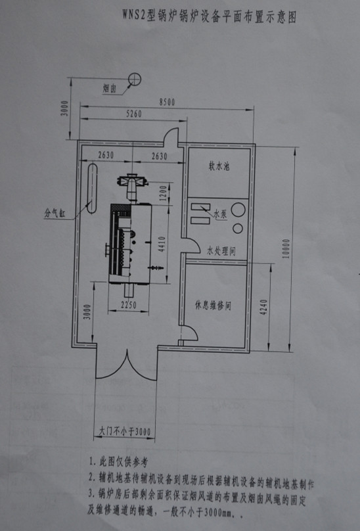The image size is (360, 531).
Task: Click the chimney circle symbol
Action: (x=135, y=80)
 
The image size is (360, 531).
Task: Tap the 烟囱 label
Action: (x=110, y=89)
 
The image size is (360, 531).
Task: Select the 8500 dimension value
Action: (x=167, y=102)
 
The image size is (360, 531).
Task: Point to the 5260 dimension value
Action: (x=134, y=114)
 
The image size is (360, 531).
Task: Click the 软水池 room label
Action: (x=219, y=166)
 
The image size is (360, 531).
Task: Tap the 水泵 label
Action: (x=220, y=214)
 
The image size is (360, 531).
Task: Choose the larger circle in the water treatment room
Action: (x=238, y=210)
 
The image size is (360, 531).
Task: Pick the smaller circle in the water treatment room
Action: (x=238, y=229)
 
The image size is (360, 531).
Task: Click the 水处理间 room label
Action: (x=221, y=251)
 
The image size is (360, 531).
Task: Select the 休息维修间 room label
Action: (x=213, y=305)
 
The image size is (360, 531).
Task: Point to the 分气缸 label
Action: (x=55, y=213)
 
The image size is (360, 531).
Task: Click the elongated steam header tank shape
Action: (x=92, y=189)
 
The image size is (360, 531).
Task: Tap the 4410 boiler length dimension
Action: (x=162, y=244)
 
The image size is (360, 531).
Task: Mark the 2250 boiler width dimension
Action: (x=129, y=305)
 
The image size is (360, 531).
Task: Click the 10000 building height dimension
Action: (x=286, y=249)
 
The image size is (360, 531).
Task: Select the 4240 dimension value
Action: (x=264, y=307)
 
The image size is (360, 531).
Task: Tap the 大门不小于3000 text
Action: (x=125, y=432)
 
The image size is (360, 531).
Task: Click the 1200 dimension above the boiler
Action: (x=163, y=193)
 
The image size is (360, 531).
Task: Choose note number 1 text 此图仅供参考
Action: (x=119, y=461)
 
